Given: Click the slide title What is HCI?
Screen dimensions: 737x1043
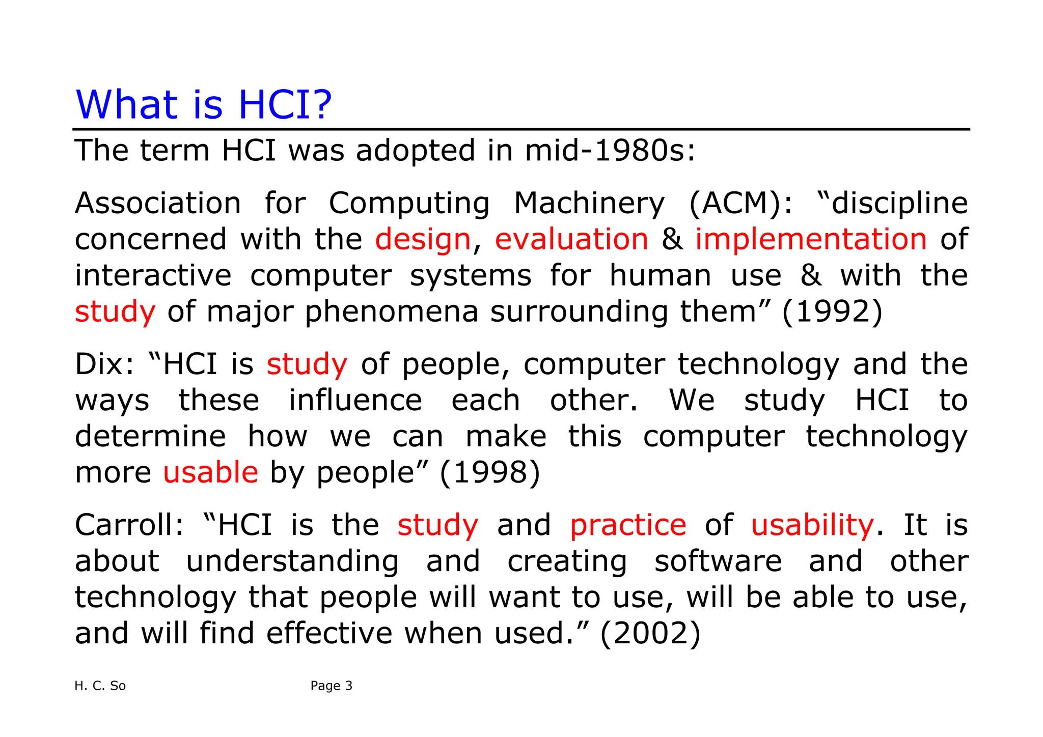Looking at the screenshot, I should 203,105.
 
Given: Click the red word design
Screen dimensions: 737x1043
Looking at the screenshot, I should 423,239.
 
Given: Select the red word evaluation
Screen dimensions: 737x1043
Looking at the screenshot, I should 571,239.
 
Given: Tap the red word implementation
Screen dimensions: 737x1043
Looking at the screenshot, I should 811,239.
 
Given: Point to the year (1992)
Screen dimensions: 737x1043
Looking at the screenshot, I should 832,311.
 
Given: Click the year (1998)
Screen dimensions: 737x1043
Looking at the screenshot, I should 489,472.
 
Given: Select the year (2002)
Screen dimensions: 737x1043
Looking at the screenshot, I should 650,633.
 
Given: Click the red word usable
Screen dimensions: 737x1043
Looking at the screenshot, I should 210,472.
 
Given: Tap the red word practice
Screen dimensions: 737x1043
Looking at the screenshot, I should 627,525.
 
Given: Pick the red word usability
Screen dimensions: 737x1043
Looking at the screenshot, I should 812,525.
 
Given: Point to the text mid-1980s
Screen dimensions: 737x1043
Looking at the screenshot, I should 609,151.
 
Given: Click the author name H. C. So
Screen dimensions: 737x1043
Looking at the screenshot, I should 100,686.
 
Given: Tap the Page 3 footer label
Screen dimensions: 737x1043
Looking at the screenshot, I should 331,686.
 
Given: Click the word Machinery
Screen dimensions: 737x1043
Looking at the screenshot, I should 589,204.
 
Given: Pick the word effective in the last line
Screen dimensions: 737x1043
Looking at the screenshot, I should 329,633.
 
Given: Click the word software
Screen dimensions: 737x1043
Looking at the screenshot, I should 718,561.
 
